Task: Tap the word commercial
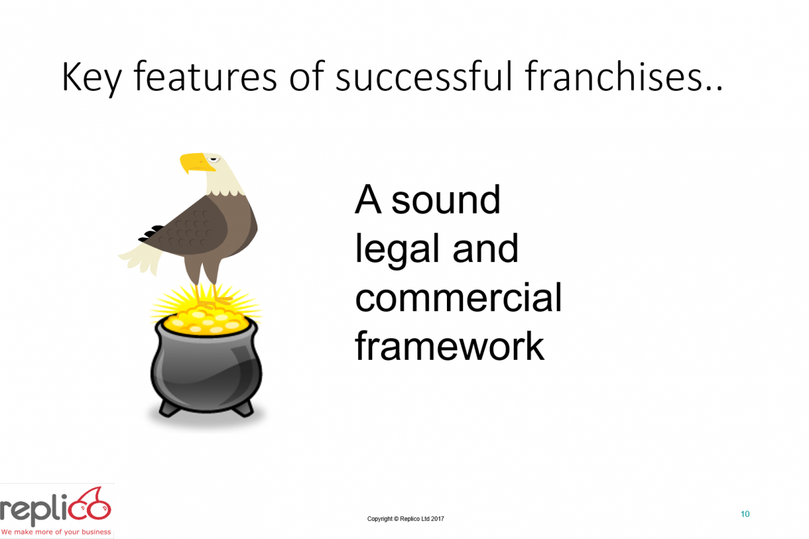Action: coord(458,298)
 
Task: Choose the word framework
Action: coord(449,346)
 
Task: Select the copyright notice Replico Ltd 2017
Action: coord(406,519)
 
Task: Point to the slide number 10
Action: coord(745,514)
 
